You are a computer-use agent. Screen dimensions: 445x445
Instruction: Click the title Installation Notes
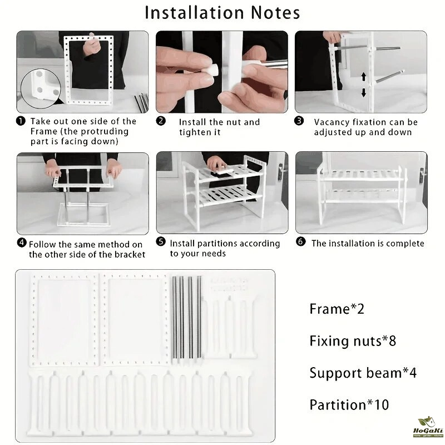click(x=222, y=13)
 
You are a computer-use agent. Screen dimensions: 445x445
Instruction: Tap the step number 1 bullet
click(x=21, y=121)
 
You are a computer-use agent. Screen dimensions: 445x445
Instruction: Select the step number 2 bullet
click(x=161, y=121)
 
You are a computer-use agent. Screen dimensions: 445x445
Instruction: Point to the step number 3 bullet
click(x=299, y=121)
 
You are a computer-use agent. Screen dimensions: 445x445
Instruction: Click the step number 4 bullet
click(x=22, y=243)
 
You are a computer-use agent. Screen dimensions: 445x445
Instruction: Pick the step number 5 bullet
click(x=161, y=242)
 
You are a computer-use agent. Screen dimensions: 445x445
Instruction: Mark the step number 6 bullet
click(x=301, y=242)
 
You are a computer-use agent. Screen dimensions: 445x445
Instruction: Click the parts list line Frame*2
click(x=337, y=309)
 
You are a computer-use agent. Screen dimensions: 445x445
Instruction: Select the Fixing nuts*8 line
click(x=353, y=341)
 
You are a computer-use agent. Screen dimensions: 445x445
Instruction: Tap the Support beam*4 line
click(x=363, y=373)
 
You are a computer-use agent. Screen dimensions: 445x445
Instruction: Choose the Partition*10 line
click(x=349, y=405)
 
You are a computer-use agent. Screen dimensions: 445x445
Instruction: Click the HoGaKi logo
click(x=428, y=427)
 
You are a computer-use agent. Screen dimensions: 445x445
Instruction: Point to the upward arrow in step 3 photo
click(x=364, y=77)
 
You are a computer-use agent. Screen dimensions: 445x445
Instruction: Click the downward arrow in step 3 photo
click(x=364, y=92)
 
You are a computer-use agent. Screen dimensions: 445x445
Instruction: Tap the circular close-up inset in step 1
click(x=41, y=88)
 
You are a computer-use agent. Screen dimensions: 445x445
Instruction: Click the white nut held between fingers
click(x=211, y=70)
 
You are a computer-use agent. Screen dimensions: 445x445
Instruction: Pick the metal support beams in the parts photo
click(x=187, y=318)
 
